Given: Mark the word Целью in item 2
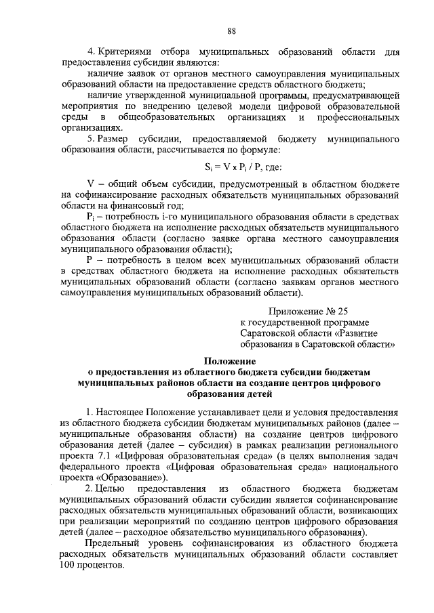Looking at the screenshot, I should tap(111, 488).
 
